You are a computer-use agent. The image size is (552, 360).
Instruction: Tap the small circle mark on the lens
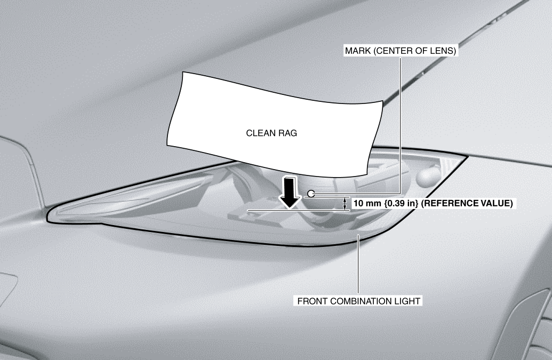pos(311,194)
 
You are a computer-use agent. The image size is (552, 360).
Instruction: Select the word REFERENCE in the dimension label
pos(447,203)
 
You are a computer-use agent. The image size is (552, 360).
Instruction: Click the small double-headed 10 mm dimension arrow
pos(345,204)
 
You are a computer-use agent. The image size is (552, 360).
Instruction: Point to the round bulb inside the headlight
pos(428,177)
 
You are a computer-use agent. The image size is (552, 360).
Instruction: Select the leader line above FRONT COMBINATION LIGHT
pos(358,264)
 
